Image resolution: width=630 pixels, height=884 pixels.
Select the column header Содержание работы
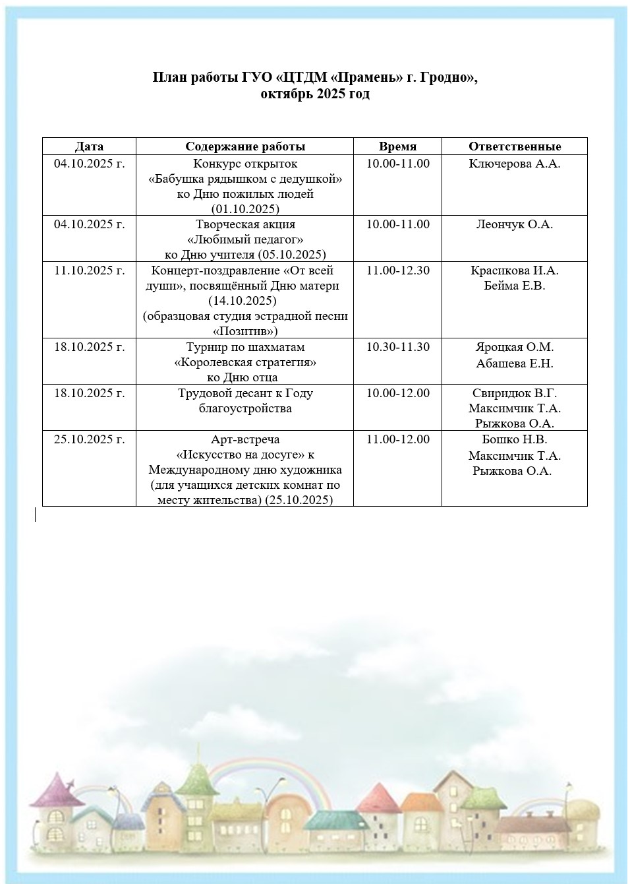pos(245,146)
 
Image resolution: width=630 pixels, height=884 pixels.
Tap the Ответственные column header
pos(515,146)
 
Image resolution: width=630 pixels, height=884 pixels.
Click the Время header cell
pos(397,146)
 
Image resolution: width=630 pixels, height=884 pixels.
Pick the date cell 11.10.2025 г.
pos(89,270)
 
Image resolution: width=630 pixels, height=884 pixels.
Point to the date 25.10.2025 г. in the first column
pos(89,439)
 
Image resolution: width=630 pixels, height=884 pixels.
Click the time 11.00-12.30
pos(397,270)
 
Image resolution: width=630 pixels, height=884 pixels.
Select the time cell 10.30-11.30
pos(397,347)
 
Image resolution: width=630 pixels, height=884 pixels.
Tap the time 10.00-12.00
pos(397,393)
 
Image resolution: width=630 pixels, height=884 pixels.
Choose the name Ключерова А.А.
pos(515,164)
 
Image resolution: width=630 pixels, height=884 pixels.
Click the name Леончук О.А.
pos(515,224)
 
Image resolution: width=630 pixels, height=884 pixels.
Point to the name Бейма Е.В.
pos(515,286)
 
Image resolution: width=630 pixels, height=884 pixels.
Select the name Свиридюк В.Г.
pos(515,393)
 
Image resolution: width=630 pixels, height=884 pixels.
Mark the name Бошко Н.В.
pos(515,439)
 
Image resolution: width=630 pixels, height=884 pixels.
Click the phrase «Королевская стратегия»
pos(245,363)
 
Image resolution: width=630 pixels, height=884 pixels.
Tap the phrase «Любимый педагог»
pos(245,239)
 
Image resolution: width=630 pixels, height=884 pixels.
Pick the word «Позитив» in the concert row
pos(245,331)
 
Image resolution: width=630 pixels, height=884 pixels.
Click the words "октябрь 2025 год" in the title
pos(315,94)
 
